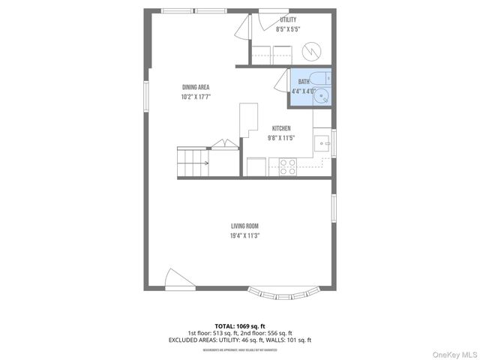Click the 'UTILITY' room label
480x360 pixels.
(x=287, y=20)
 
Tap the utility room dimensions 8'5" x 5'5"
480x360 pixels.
(x=287, y=29)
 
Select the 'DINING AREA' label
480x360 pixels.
(x=194, y=88)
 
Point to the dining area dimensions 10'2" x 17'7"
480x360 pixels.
(x=194, y=97)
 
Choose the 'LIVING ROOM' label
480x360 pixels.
(x=245, y=226)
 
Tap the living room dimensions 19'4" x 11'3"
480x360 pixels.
(x=245, y=235)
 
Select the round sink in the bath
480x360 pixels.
(x=321, y=95)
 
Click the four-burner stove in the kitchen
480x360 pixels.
(x=288, y=166)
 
